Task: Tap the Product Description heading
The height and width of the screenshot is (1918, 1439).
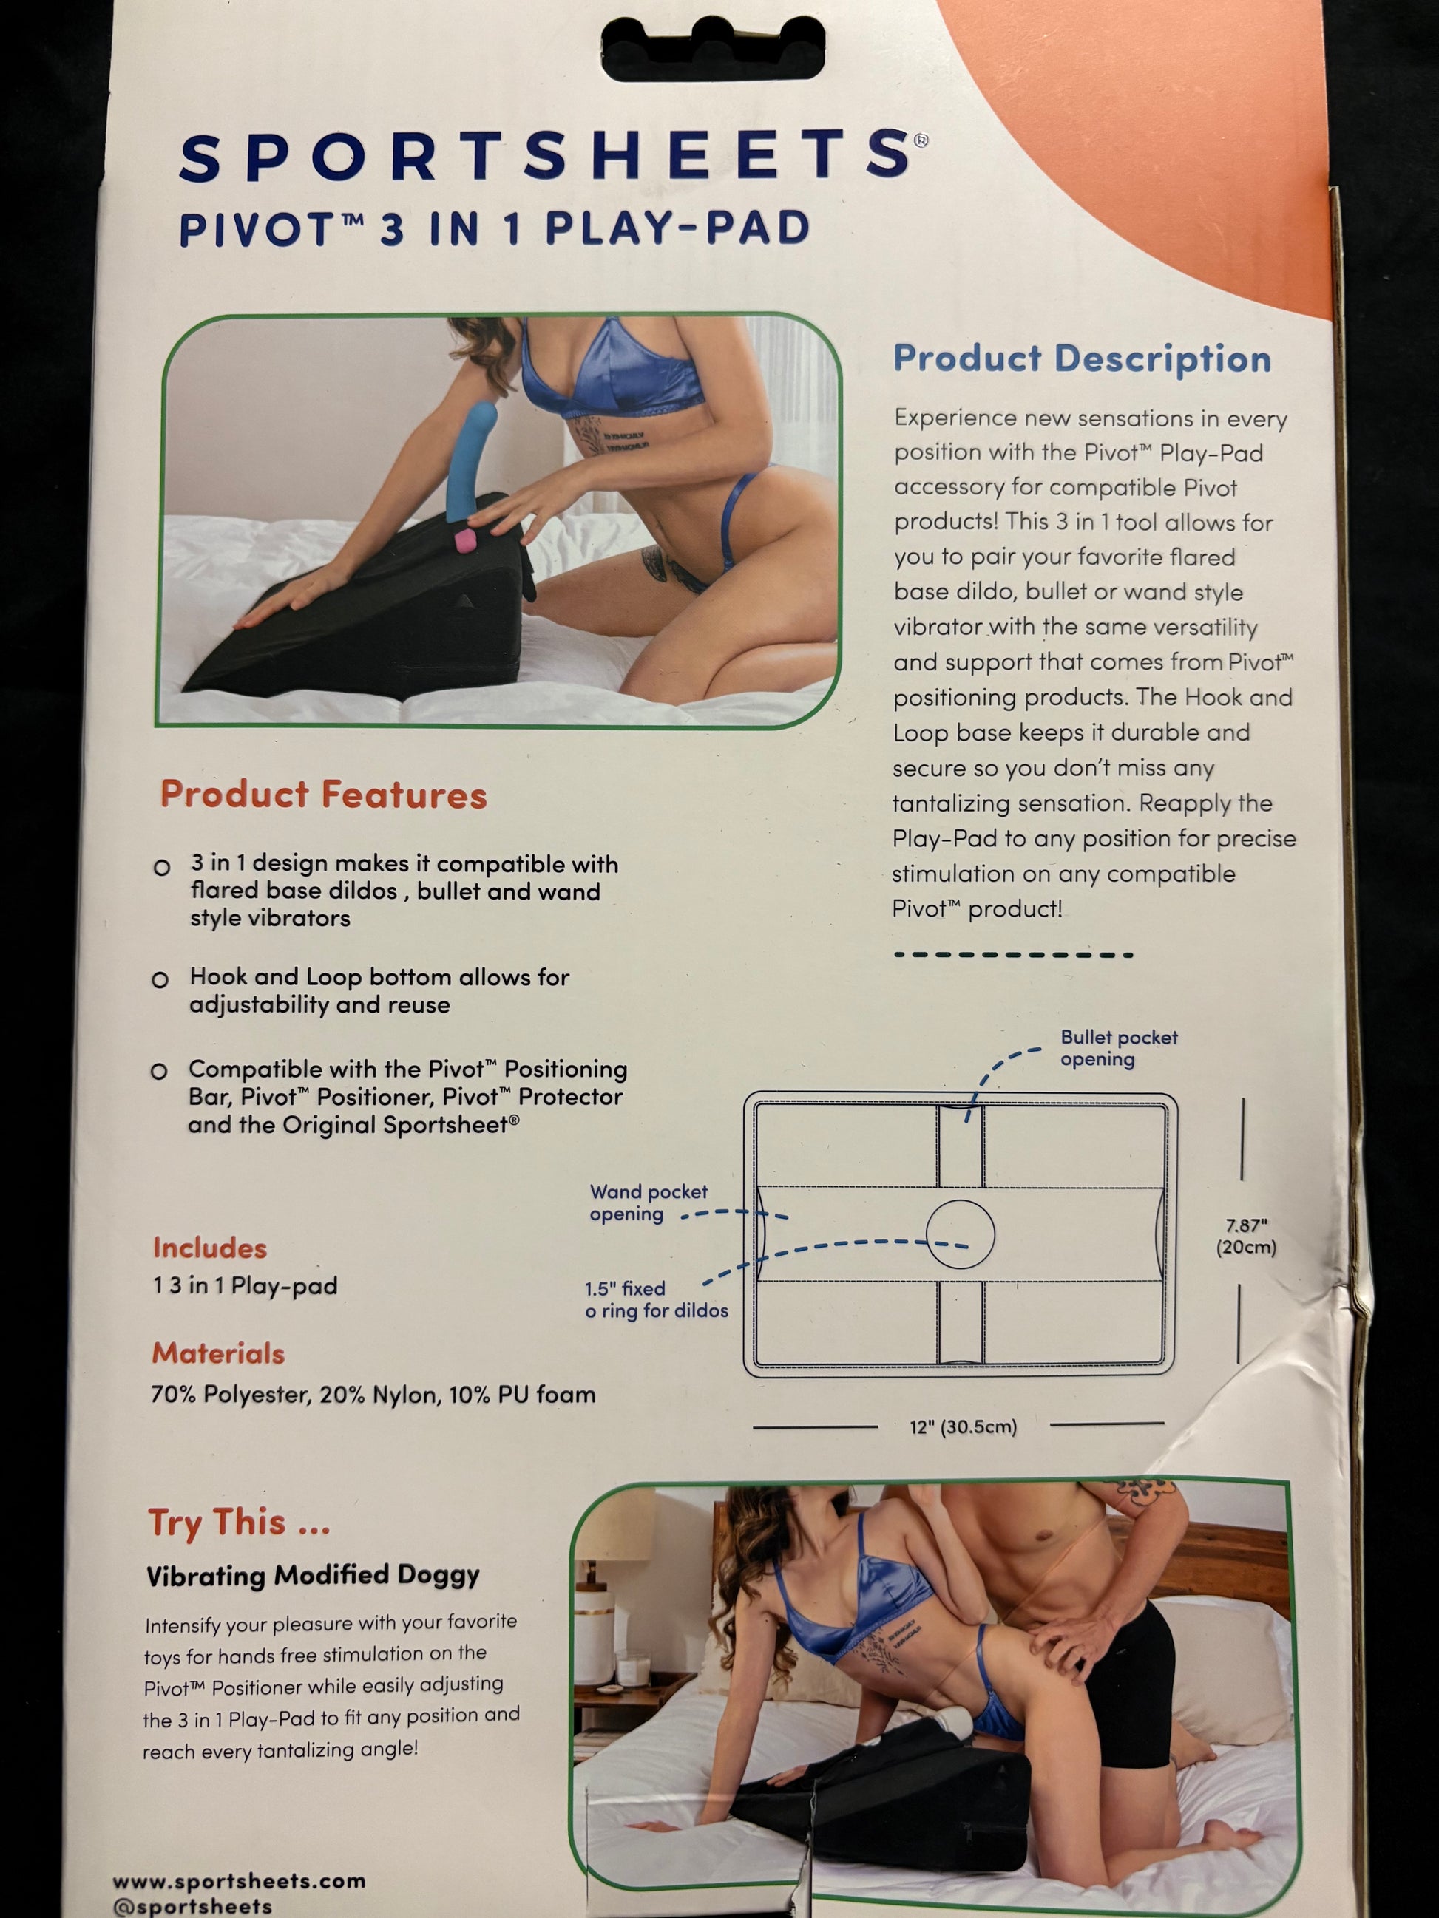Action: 1082,359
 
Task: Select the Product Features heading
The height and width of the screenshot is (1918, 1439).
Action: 324,795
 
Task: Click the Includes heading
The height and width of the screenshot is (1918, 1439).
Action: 210,1248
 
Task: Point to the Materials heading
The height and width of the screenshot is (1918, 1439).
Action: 219,1353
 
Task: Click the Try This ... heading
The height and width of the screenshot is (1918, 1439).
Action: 240,1523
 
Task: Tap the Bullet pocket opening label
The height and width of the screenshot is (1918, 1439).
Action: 1119,1047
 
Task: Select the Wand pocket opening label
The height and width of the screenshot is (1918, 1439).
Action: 649,1203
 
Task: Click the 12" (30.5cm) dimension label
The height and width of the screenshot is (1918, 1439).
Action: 963,1426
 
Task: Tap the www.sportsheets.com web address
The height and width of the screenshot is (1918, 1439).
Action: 239,1881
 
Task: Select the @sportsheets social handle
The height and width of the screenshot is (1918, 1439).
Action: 192,1906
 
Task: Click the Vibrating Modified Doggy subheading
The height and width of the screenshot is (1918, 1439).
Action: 312,1574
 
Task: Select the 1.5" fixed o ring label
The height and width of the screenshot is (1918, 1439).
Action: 657,1299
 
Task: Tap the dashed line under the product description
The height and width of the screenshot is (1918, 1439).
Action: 1013,955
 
